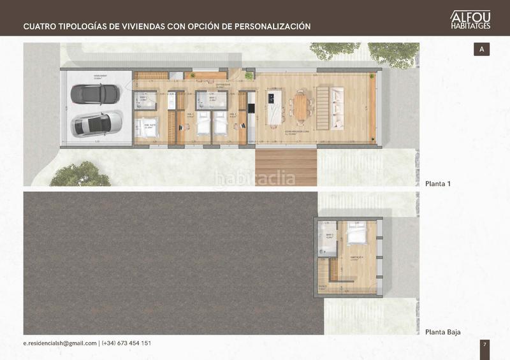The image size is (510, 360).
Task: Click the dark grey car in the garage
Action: [94, 94]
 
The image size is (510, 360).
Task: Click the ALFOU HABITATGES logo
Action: [470, 19]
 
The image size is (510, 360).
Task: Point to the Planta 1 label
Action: [438, 184]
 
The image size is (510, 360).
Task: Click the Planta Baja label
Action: [443, 332]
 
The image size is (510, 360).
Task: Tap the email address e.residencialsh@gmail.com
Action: [60, 343]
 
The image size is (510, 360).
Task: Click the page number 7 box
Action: [484, 344]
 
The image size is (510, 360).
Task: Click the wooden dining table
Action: [301, 107]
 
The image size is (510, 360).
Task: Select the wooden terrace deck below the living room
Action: [286, 167]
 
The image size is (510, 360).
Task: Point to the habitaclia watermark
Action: [254, 178]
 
